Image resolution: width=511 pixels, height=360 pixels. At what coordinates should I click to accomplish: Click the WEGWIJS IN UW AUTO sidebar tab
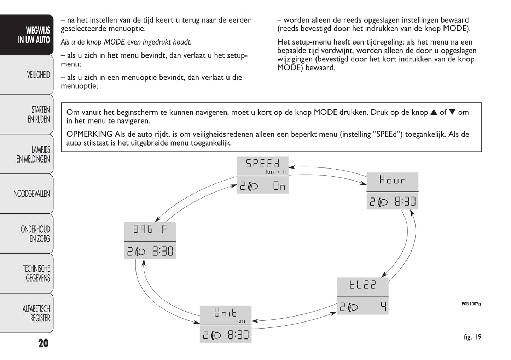pyautogui.click(x=34, y=35)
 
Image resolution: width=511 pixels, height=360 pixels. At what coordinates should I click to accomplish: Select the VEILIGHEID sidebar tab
pyautogui.click(x=38, y=75)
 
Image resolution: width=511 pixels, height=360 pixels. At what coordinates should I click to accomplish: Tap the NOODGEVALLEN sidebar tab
pyautogui.click(x=31, y=194)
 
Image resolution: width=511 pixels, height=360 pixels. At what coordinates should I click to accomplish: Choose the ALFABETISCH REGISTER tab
pyautogui.click(x=36, y=313)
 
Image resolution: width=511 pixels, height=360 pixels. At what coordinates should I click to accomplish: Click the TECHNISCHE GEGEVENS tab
pyautogui.click(x=36, y=273)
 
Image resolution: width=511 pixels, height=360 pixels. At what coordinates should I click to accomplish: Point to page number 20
pyautogui.click(x=43, y=343)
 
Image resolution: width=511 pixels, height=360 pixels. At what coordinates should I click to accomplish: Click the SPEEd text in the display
pyautogui.click(x=262, y=164)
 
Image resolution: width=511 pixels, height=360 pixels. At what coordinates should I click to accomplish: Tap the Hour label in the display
pyautogui.click(x=392, y=180)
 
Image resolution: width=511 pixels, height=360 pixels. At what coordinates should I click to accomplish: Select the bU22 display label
pyautogui.click(x=362, y=285)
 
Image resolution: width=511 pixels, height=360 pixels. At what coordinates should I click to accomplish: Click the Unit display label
pyautogui.click(x=225, y=313)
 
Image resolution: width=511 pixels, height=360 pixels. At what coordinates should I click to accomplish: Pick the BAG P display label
pyautogui.click(x=150, y=230)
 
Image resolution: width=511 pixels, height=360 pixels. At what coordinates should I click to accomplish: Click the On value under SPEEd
pyautogui.click(x=279, y=186)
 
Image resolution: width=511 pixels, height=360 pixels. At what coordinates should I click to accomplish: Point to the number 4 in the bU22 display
pyautogui.click(x=383, y=306)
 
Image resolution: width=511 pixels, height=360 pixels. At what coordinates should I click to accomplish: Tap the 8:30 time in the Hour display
pyautogui.click(x=405, y=202)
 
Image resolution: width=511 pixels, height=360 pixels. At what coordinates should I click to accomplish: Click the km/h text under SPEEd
pyautogui.click(x=276, y=172)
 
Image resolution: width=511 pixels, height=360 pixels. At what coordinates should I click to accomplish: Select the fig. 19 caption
pyautogui.click(x=472, y=337)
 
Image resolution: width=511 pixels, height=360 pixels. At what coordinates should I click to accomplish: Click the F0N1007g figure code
pyautogui.click(x=471, y=304)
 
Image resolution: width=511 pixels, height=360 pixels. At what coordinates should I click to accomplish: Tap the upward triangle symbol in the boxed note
pyautogui.click(x=434, y=112)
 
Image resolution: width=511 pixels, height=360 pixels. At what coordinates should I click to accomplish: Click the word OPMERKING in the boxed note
pyautogui.click(x=89, y=134)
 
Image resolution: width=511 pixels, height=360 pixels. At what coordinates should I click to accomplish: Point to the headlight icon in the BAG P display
pyautogui.click(x=140, y=252)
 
